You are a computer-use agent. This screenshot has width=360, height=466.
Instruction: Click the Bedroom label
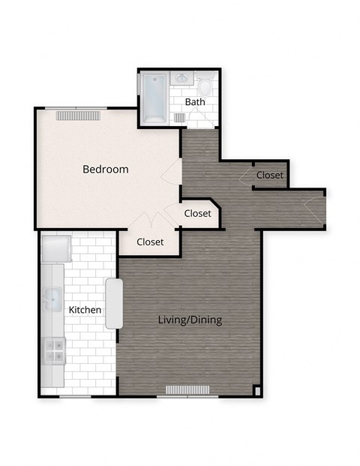[x=105, y=170]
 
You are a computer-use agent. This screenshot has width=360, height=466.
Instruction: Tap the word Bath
[x=195, y=102]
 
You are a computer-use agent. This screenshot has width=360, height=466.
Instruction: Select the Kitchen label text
[x=85, y=309]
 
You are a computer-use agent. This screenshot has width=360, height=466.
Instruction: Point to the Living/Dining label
[x=190, y=320]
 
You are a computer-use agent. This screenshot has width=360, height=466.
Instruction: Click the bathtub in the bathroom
[x=155, y=98]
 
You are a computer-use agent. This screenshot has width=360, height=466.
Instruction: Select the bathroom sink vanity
[x=182, y=78]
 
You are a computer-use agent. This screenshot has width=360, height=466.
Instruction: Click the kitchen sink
[x=51, y=299]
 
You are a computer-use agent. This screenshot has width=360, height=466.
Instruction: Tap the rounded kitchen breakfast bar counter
[x=113, y=303]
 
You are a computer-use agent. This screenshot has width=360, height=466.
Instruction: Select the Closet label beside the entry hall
[x=269, y=175]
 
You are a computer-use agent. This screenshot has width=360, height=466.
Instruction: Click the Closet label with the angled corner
[x=197, y=213]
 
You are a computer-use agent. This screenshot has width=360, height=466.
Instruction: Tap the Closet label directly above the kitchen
[x=150, y=242]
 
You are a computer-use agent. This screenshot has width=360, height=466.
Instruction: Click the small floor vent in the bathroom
[x=180, y=118]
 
